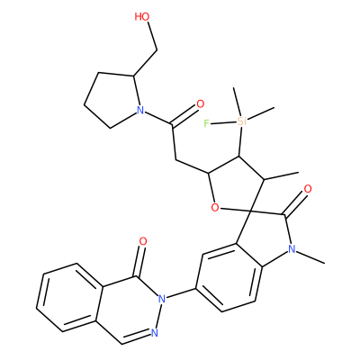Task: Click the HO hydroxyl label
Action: coord(142,17)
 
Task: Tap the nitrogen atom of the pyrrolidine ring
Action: coord(139,111)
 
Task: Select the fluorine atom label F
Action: coord(206,123)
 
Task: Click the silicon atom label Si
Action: coord(241,121)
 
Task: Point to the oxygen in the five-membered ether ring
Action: coord(215,207)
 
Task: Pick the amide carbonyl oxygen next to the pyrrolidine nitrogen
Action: coord(200,104)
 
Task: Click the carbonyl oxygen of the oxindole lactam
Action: coord(308,189)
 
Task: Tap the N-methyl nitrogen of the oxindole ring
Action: coord(292,248)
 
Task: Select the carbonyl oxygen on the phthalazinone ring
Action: coord(143,241)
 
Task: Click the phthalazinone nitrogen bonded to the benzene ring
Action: coord(162,299)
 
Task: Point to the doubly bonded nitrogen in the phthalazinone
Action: coord(155,333)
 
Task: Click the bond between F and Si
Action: coord(222,122)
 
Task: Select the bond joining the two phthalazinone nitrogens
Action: coord(158,316)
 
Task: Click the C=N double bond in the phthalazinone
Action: coord(136,338)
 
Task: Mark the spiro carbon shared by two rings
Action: coord(251,211)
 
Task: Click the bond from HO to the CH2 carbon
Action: coord(152,36)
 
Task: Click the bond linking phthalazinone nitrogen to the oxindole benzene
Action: coord(181,293)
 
